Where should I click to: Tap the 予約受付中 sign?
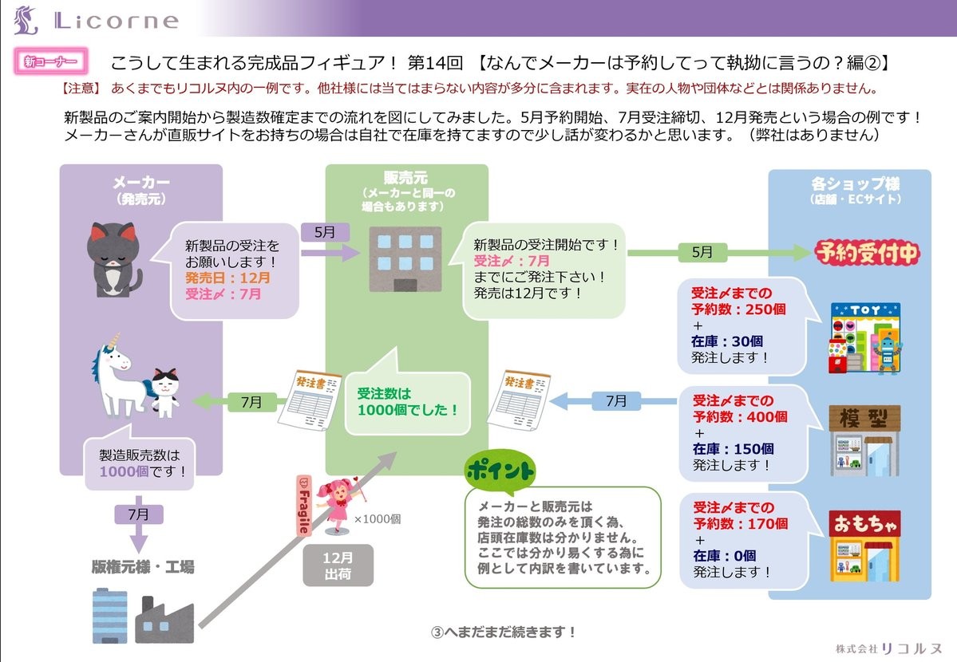click(x=867, y=254)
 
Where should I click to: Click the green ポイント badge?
click(x=500, y=471)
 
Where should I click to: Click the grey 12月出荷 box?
click(x=338, y=565)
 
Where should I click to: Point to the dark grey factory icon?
click(x=164, y=617)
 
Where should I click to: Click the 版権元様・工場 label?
click(x=142, y=568)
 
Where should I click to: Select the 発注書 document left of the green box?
click(x=302, y=398)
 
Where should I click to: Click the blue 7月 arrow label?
click(x=616, y=401)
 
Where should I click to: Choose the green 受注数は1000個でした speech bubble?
click(x=407, y=401)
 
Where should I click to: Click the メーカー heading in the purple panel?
click(x=140, y=183)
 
